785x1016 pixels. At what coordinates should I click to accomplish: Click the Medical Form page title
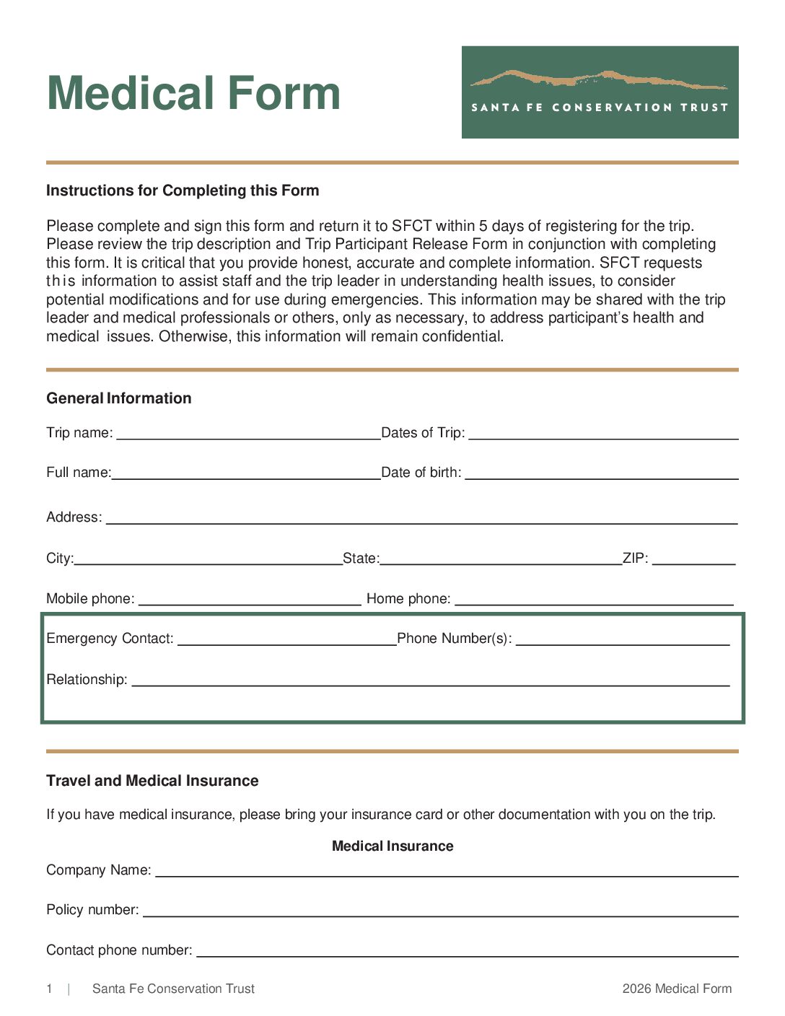(x=193, y=94)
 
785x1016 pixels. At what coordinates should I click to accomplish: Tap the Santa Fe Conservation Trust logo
(x=600, y=92)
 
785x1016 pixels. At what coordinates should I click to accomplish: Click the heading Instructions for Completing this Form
(x=183, y=190)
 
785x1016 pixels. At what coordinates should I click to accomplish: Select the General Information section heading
(x=119, y=398)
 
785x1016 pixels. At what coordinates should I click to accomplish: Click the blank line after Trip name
(x=248, y=434)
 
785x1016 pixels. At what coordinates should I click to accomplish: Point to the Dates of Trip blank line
(x=603, y=434)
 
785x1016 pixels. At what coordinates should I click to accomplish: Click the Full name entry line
(x=246, y=474)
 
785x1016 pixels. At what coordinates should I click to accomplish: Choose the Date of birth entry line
(x=602, y=474)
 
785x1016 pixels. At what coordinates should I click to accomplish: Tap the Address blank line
(x=422, y=519)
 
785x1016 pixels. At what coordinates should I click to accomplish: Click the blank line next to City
(x=209, y=560)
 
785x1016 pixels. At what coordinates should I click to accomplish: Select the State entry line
(x=501, y=560)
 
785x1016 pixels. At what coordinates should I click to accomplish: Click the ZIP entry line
(x=693, y=560)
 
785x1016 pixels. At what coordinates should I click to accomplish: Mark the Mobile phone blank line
(x=250, y=600)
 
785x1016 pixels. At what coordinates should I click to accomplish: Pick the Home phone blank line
(x=594, y=600)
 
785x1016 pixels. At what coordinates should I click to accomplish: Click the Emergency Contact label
(x=110, y=639)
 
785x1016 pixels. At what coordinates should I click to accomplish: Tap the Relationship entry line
(x=431, y=681)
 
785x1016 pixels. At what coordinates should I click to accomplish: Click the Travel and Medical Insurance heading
(x=152, y=781)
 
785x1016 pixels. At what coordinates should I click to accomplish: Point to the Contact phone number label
(x=119, y=950)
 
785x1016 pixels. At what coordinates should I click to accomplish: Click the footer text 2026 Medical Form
(x=677, y=989)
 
